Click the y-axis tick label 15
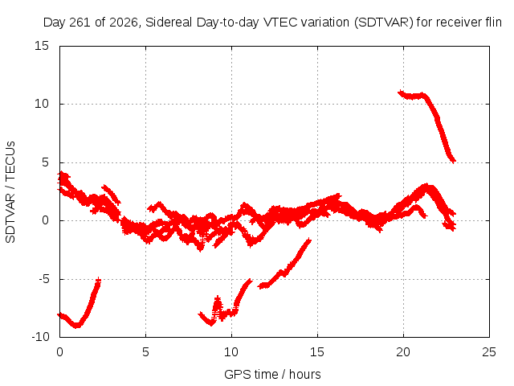click(42, 46)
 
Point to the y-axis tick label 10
click(42, 104)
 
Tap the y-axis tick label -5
click(43, 279)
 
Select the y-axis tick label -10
click(40, 337)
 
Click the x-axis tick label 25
click(489, 352)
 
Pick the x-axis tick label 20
click(403, 352)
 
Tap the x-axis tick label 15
click(317, 352)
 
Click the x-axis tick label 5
click(145, 352)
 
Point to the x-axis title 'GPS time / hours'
click(272, 374)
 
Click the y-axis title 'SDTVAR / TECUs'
click(10, 192)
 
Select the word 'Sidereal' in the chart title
click(169, 23)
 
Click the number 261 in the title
click(81, 23)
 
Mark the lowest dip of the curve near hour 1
click(76, 325)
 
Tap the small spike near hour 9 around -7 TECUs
click(218, 300)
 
